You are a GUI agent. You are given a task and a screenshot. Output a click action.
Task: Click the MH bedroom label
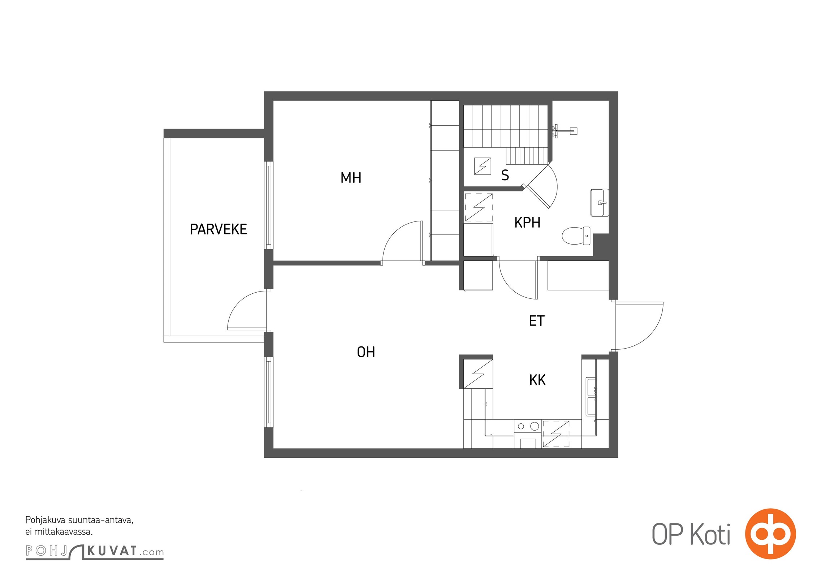tap(351, 178)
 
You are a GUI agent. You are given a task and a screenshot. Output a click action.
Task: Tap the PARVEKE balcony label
tap(218, 229)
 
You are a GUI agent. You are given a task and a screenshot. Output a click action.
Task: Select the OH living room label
tap(366, 352)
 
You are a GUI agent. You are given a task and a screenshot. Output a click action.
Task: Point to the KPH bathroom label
tap(527, 223)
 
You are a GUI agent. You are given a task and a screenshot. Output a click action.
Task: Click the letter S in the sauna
tap(505, 175)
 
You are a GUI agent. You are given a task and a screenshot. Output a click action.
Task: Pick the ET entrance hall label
tap(537, 321)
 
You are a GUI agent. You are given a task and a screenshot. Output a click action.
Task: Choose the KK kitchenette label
tap(537, 380)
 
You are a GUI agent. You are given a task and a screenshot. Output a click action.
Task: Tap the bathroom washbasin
tap(600, 203)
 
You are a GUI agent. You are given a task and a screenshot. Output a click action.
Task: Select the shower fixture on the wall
tap(565, 130)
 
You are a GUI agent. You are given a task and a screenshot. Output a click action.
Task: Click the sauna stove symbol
tap(483, 166)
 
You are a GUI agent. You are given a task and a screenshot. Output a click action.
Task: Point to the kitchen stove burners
tap(528, 426)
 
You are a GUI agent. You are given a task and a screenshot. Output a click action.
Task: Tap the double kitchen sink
tap(591, 396)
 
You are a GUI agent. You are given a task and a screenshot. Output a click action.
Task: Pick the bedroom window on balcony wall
tap(269, 205)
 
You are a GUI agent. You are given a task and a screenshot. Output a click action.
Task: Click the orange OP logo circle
tap(770, 534)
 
